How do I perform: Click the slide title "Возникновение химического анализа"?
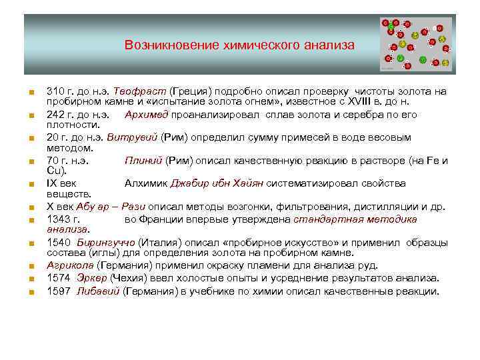click(239, 45)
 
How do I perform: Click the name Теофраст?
click(139, 91)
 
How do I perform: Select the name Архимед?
click(145, 115)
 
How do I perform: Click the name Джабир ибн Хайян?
click(217, 183)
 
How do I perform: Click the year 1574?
click(59, 277)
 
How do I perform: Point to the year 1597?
click(59, 291)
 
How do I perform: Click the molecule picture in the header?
click(415, 44)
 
